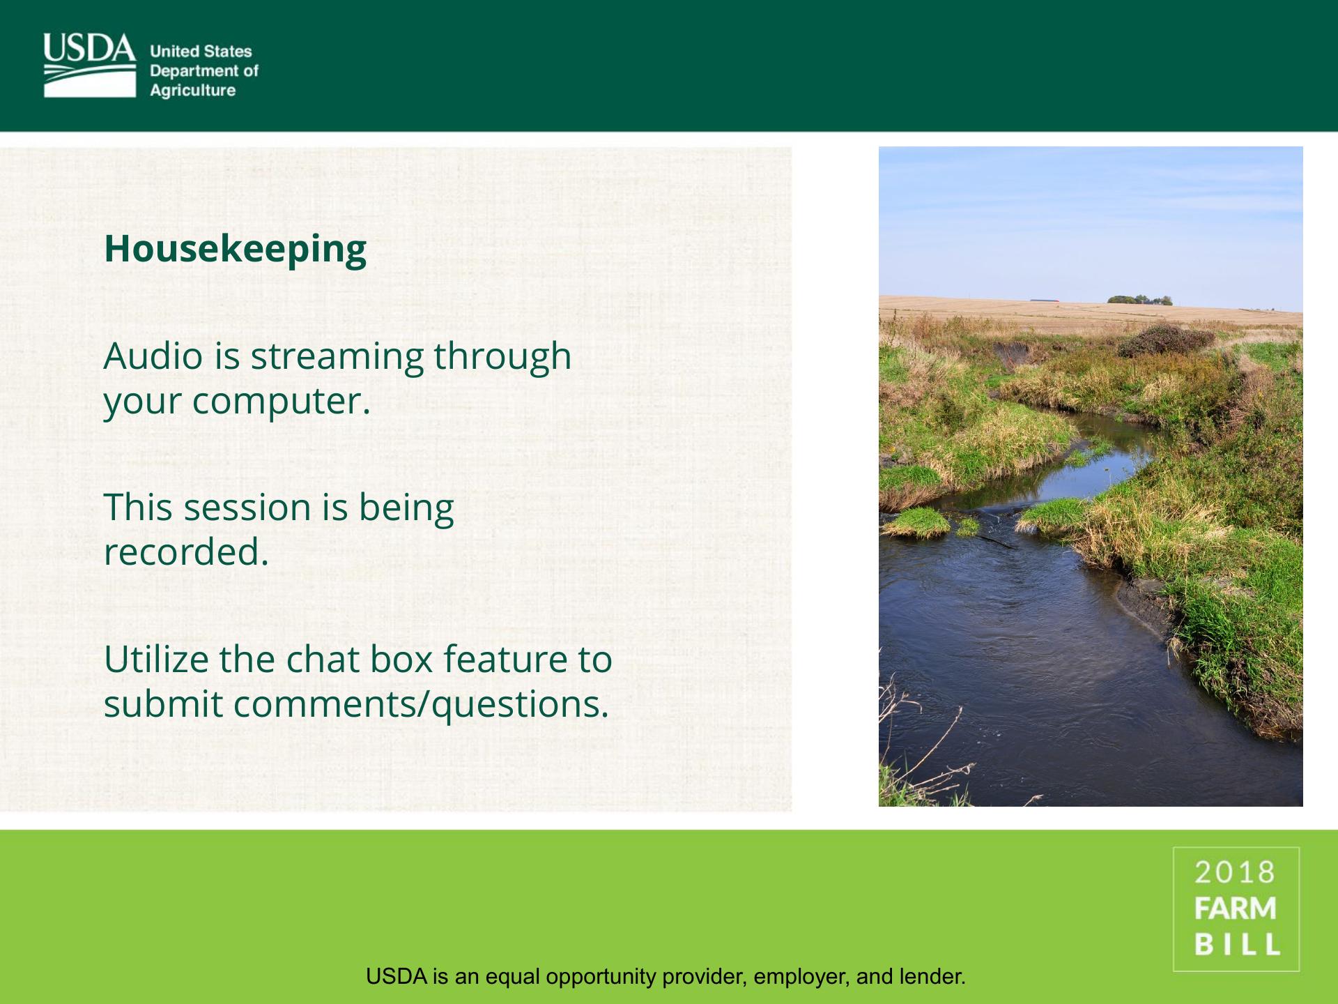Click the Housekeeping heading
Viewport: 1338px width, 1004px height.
pos(235,250)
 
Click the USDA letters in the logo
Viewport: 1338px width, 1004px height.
pos(89,48)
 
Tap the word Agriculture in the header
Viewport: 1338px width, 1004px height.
pos(193,91)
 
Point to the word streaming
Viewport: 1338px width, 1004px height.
pos(337,357)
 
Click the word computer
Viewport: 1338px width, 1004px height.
pos(281,402)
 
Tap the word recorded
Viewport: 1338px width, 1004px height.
pos(186,552)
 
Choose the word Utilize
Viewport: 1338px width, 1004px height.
pos(156,659)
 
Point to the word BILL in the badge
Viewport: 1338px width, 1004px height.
pos(1237,944)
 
